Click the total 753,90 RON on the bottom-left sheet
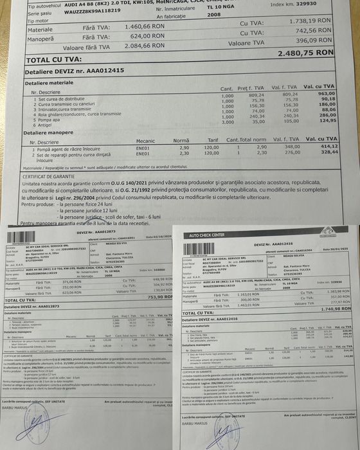tap(157, 297)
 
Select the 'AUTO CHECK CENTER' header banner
tap(207, 236)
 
